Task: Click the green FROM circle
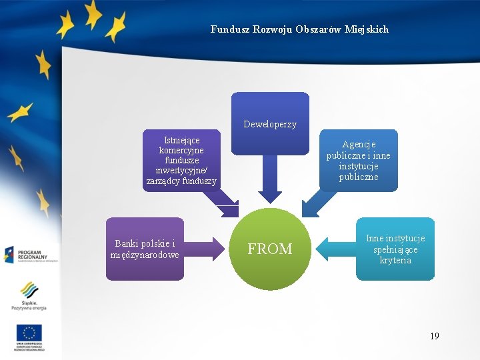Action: click(x=270, y=249)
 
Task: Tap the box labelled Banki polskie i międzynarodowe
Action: click(x=145, y=249)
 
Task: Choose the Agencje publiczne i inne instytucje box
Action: click(x=358, y=160)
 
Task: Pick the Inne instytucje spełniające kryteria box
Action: click(x=395, y=249)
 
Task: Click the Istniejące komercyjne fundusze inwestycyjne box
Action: click(x=181, y=160)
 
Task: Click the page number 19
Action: click(x=435, y=336)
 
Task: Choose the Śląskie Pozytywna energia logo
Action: click(x=29, y=295)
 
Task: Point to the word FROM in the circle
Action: click(x=270, y=249)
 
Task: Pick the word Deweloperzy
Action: click(x=270, y=125)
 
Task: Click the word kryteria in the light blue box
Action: click(x=395, y=261)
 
